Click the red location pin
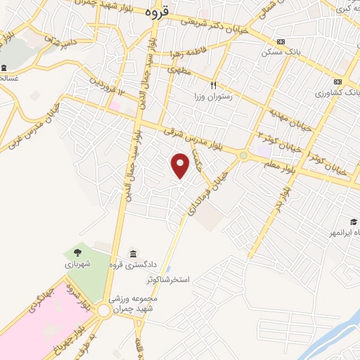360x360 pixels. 181,165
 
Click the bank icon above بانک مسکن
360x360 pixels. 281,41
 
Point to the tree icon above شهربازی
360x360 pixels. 76,252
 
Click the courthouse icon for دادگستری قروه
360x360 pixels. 133,254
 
